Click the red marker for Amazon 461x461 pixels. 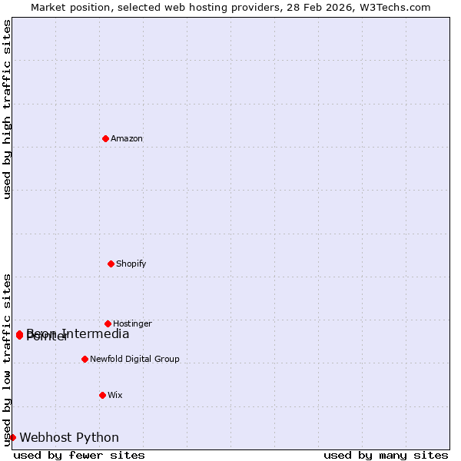pos(105,138)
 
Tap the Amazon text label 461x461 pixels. pos(127,139)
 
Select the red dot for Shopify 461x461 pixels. pos(111,264)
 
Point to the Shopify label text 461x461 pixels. pos(131,264)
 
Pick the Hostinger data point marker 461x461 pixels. pos(108,323)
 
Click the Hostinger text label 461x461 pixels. pos(132,324)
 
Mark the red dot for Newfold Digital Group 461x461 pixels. pos(85,359)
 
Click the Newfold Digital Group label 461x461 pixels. pos(134,360)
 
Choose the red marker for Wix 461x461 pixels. pos(102,395)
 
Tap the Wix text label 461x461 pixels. pos(115,396)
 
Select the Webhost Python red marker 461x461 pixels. pos(12,437)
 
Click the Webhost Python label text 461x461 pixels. pos(69,438)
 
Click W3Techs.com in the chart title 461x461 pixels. pos(392,8)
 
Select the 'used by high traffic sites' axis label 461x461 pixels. pos(8,109)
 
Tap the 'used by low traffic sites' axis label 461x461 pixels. pos(8,360)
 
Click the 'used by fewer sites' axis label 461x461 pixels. pos(79,456)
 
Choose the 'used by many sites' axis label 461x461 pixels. pos(386,456)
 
